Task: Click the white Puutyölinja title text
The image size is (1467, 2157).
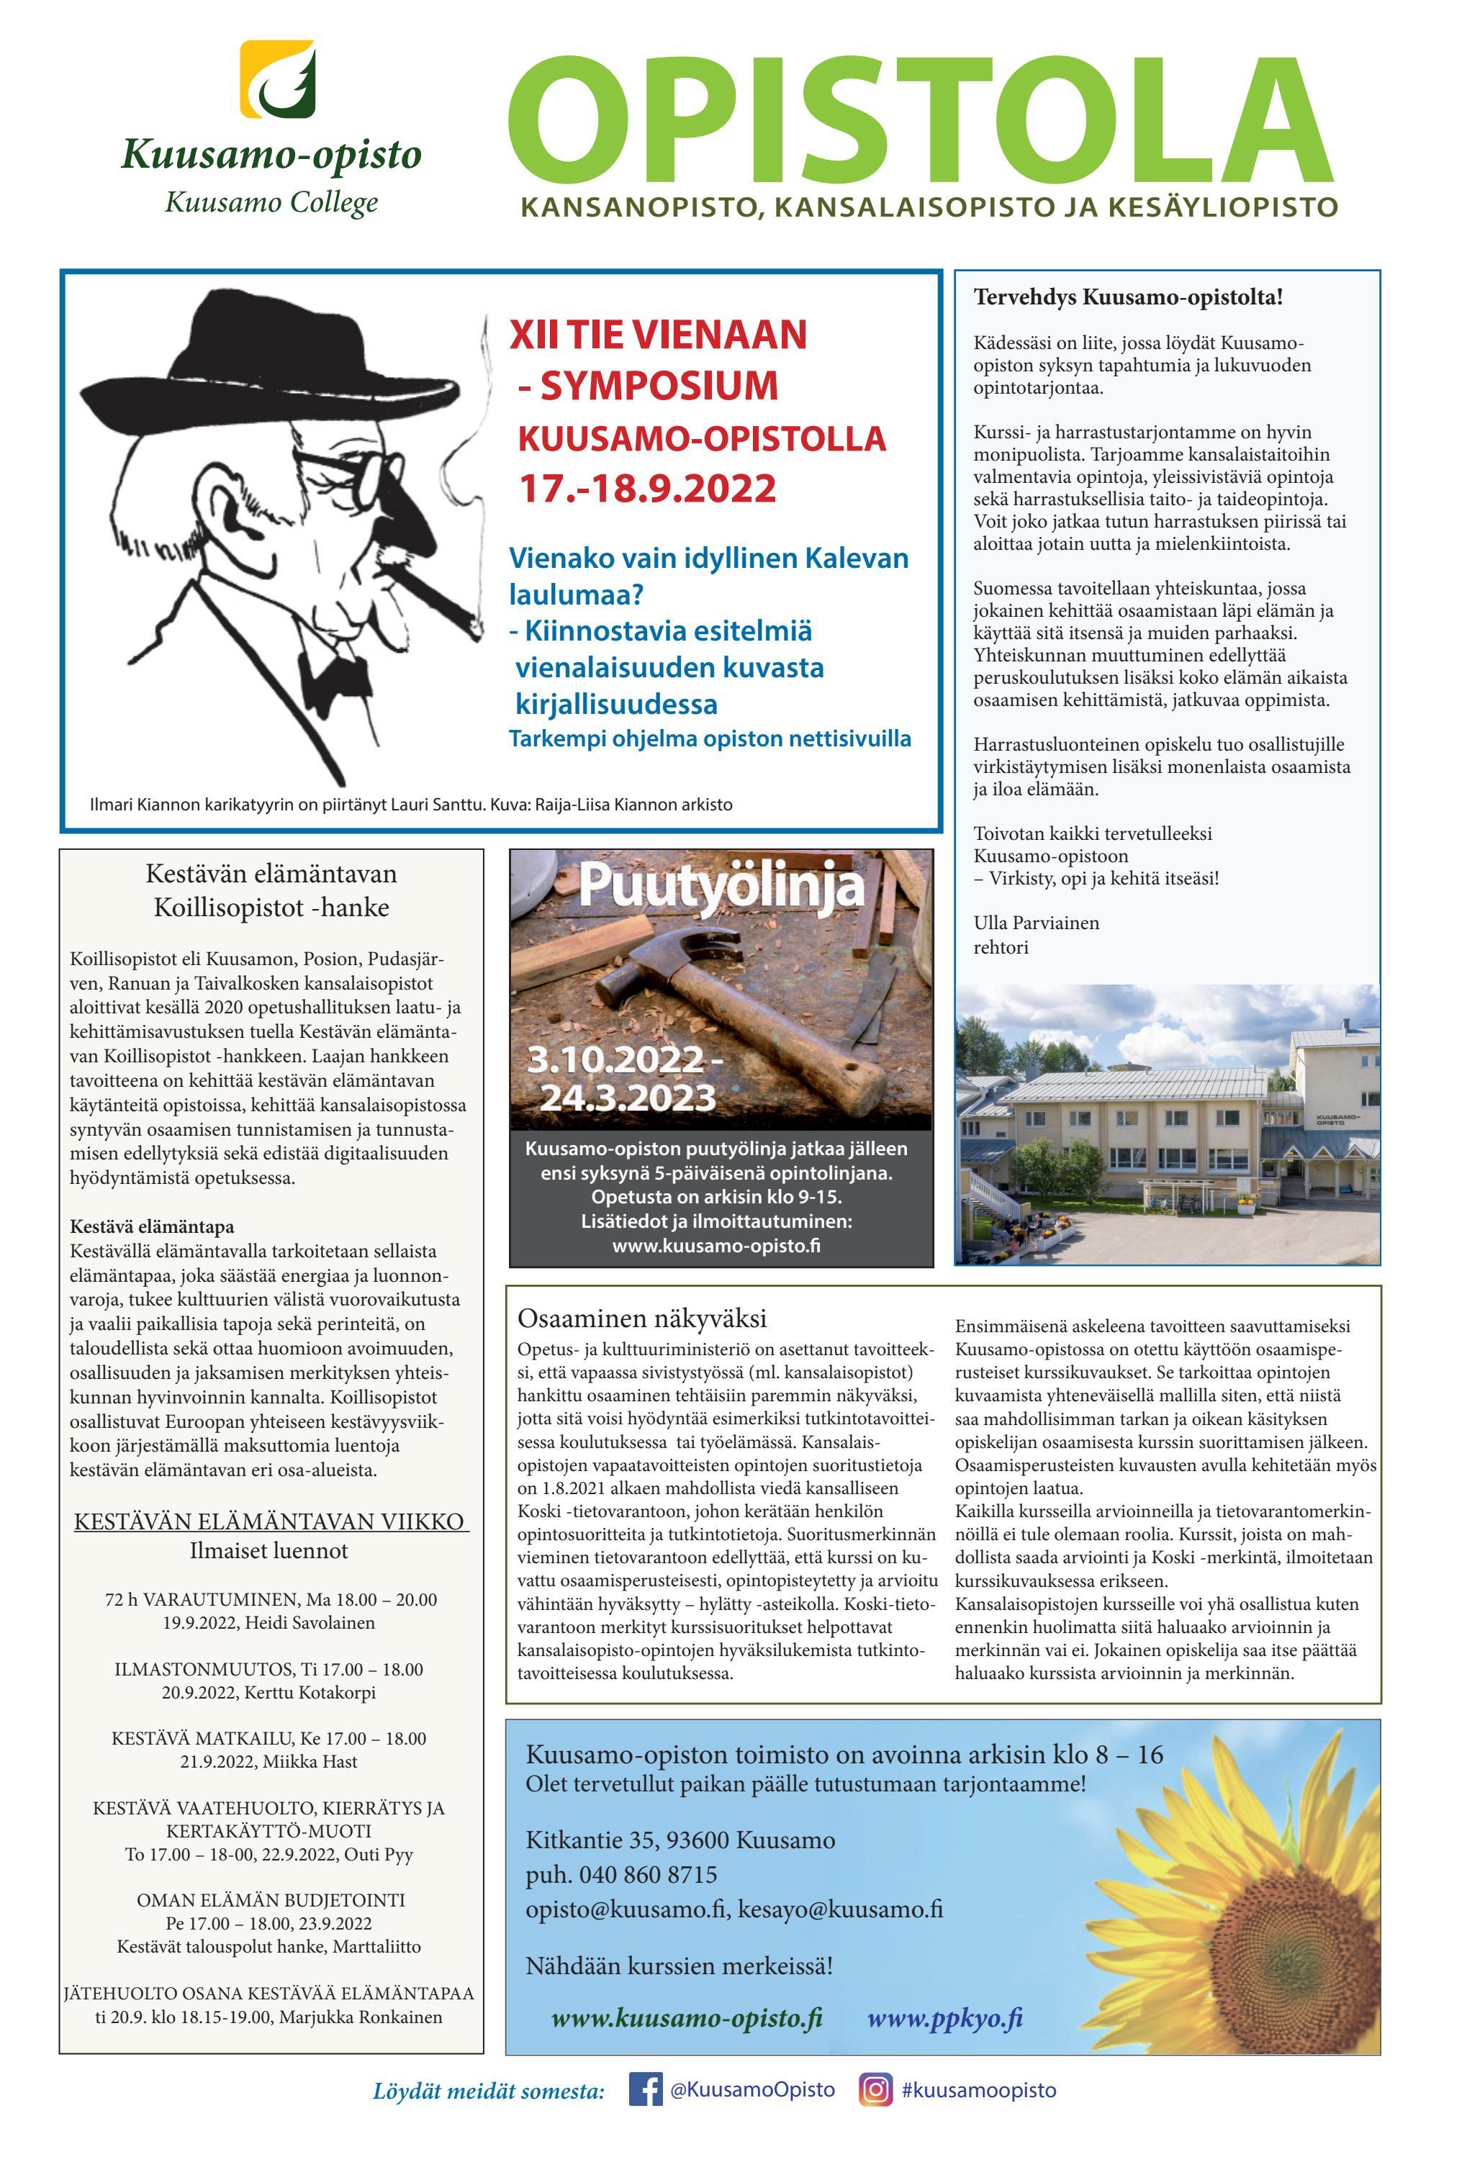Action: pyautogui.click(x=721, y=887)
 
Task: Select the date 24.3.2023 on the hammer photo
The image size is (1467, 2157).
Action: pyautogui.click(x=628, y=1098)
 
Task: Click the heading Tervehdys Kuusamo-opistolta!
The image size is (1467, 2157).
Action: pyautogui.click(x=1128, y=298)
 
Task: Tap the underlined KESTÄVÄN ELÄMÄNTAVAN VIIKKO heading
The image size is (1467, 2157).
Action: pyautogui.click(x=269, y=1522)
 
